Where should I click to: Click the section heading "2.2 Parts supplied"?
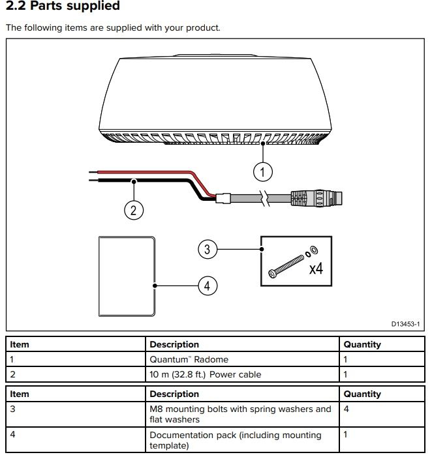tap(63, 7)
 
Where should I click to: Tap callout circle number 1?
tap(262, 172)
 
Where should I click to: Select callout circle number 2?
tap(133, 209)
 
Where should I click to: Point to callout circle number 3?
tap(208, 248)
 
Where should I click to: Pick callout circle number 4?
tap(208, 285)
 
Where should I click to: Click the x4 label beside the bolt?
tap(316, 268)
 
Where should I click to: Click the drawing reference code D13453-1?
tap(405, 323)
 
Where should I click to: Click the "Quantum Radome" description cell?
tap(189, 359)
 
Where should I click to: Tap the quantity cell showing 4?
tap(347, 409)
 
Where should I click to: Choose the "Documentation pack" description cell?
tap(236, 440)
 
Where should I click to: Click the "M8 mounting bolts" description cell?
tap(240, 415)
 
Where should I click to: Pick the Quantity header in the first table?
tap(362, 344)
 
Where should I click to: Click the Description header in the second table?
tap(174, 394)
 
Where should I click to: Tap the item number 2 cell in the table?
tap(14, 374)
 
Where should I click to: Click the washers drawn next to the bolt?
tap(312, 249)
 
